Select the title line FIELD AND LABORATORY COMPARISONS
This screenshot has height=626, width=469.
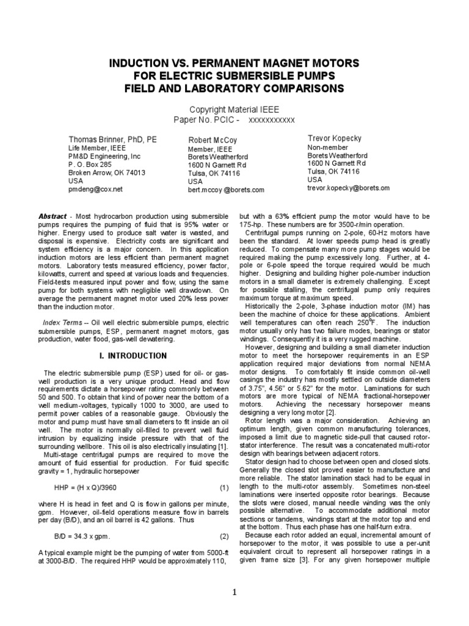point(234,89)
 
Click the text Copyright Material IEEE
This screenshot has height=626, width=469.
point(234,109)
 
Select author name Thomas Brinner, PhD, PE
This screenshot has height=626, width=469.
point(112,139)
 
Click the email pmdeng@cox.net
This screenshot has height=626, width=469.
point(95,190)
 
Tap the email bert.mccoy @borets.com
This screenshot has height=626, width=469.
point(226,190)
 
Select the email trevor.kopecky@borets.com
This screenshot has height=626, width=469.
point(348,188)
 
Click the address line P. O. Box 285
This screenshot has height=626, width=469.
point(90,164)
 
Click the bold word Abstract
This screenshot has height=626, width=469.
point(52,216)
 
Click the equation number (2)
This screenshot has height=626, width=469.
point(224,537)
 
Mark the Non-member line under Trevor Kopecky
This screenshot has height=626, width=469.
point(327,147)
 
